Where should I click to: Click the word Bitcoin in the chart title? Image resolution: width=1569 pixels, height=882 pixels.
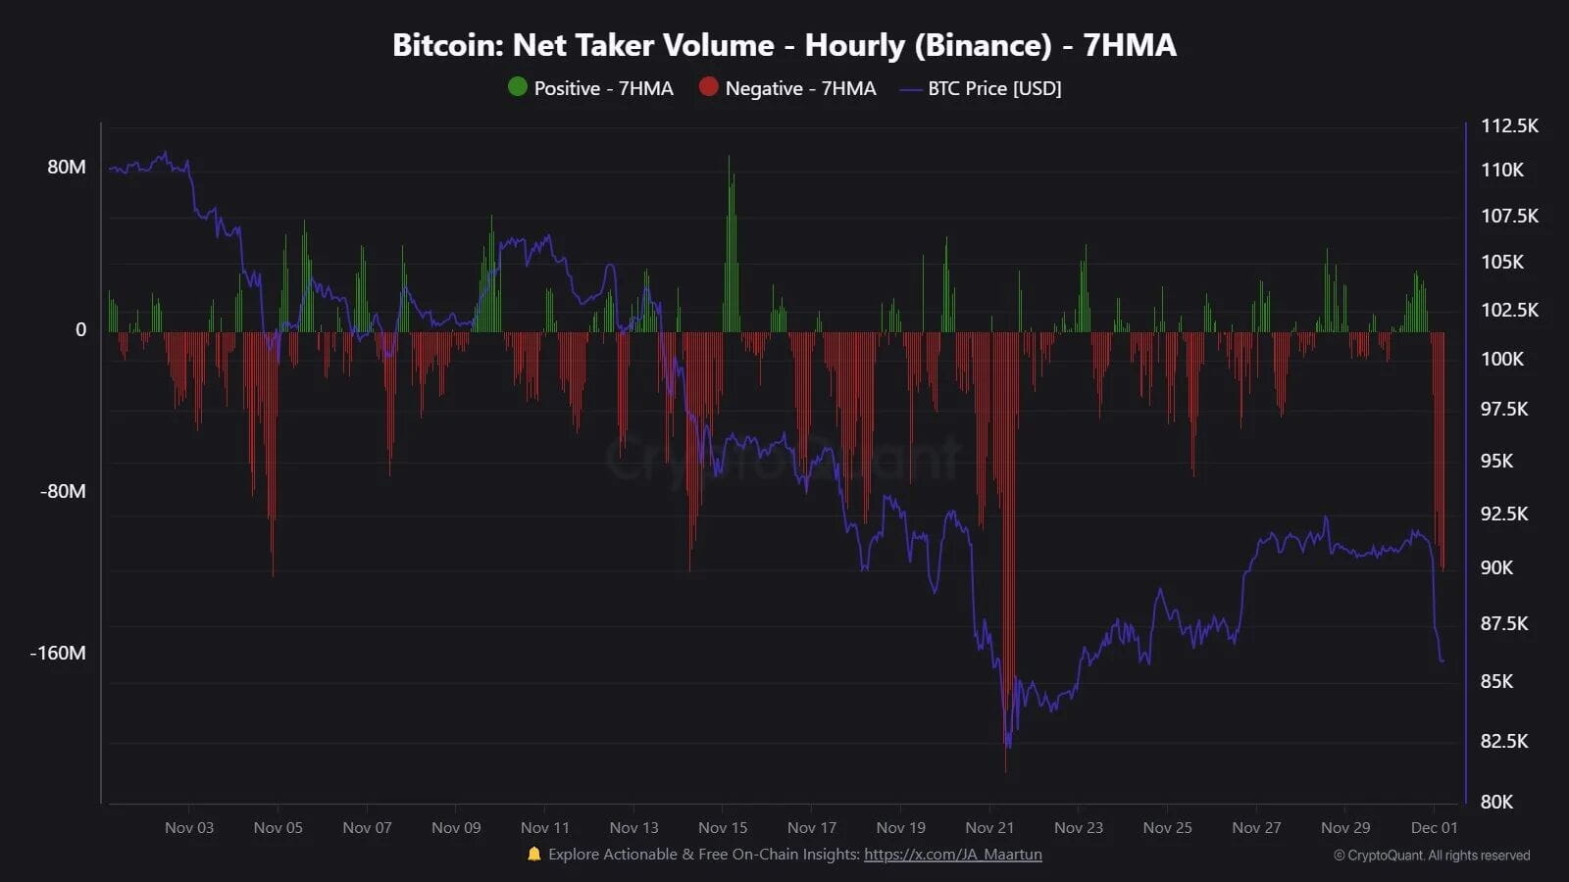tap(446, 45)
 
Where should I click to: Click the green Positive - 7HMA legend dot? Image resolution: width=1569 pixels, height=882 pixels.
tap(518, 87)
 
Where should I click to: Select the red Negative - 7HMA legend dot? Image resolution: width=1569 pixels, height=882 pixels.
tap(708, 87)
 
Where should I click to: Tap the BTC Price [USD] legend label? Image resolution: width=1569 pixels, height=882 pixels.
tap(994, 88)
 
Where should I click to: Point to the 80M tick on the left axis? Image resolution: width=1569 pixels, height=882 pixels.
tap(67, 167)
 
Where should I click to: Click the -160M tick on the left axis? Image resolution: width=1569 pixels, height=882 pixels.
tap(58, 653)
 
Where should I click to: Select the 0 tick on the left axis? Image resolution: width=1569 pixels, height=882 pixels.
tap(81, 329)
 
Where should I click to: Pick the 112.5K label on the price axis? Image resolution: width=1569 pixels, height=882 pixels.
tap(1509, 125)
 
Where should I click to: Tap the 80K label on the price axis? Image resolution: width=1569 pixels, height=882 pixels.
tap(1496, 802)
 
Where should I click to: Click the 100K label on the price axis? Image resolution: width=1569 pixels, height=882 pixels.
tap(1501, 359)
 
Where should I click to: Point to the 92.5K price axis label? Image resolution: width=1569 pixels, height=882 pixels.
tap(1503, 514)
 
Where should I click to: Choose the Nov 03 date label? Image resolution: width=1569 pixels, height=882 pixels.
tap(189, 827)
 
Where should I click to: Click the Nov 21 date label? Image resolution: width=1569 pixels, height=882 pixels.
tap(989, 827)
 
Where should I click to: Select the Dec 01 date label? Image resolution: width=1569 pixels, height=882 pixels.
tap(1434, 827)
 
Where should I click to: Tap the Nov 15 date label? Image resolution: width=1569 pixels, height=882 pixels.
tap(723, 827)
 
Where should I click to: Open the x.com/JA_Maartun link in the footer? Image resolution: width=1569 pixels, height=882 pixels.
tap(952, 855)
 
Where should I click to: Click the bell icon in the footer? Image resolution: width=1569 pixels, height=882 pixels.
tap(534, 855)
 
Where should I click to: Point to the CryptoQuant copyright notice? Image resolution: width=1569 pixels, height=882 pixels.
tap(1431, 856)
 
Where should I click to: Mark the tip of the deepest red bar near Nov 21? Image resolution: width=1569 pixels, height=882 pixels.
tap(1006, 770)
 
